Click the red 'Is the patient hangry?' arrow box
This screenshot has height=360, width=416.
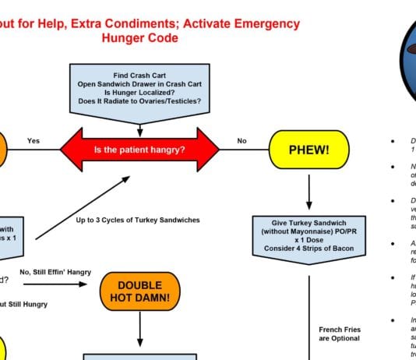139,148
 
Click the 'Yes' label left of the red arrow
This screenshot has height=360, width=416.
33,141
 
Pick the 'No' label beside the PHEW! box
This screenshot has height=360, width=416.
241,141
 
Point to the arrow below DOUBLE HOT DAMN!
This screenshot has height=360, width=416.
140,330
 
